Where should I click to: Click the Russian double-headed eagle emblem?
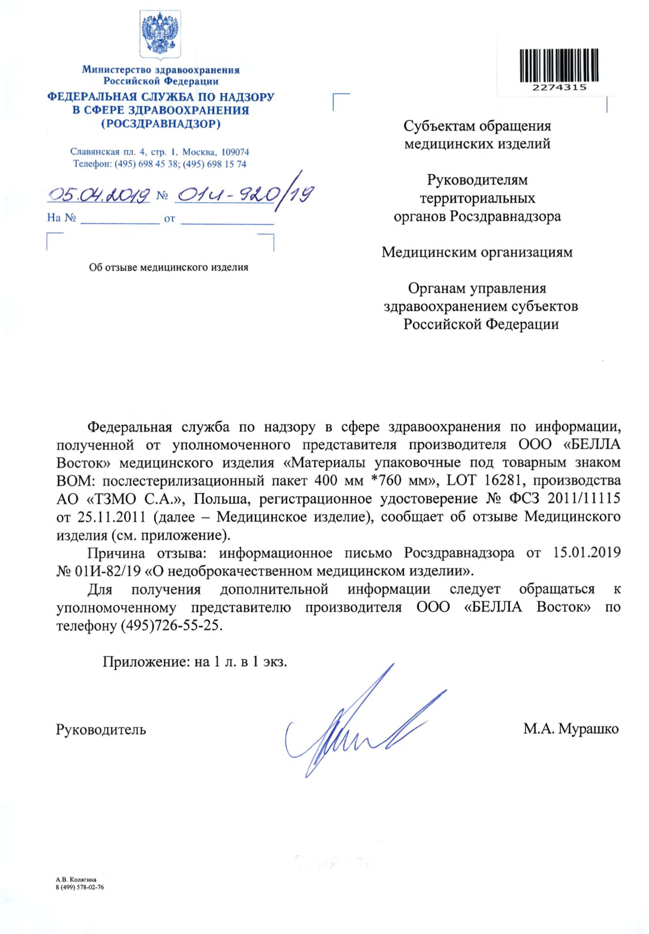coord(160,34)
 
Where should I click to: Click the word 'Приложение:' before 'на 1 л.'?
coord(147,662)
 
